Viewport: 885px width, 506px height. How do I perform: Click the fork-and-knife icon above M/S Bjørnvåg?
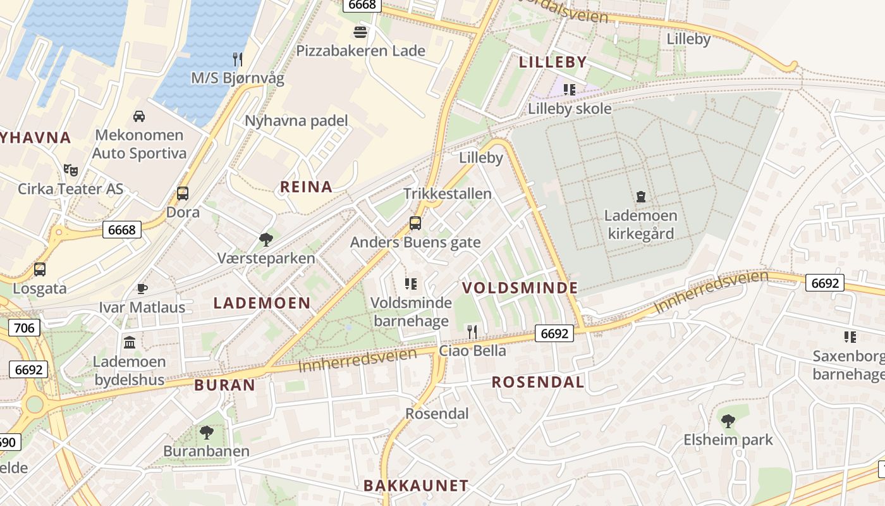(x=238, y=59)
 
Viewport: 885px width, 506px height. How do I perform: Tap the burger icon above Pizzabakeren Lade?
(x=360, y=32)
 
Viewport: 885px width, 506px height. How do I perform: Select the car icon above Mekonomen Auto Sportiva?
(x=138, y=116)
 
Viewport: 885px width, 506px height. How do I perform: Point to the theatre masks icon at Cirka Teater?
(x=71, y=170)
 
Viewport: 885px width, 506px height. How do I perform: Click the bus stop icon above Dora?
(x=183, y=193)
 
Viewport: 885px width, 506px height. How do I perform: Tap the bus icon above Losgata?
(x=40, y=269)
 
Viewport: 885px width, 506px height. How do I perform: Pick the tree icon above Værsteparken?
(x=266, y=239)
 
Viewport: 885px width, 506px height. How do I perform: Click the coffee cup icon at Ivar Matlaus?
(x=142, y=288)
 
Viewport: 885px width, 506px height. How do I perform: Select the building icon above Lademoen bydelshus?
(x=130, y=342)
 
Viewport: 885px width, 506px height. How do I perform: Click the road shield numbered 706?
(x=24, y=327)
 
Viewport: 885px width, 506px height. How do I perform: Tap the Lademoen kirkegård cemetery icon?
(x=641, y=196)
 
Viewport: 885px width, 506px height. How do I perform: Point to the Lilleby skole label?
(x=570, y=109)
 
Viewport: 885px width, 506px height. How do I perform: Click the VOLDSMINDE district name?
(x=520, y=288)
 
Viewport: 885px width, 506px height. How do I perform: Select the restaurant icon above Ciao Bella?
(x=472, y=331)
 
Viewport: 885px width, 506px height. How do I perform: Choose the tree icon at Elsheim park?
(x=728, y=420)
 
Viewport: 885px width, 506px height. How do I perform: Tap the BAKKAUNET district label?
(x=416, y=486)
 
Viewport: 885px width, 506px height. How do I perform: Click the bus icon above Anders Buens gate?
(x=415, y=223)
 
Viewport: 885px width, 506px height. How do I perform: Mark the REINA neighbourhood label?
(x=306, y=187)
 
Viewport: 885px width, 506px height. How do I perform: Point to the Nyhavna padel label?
(x=296, y=120)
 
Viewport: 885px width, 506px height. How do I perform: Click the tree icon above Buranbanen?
(x=206, y=433)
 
